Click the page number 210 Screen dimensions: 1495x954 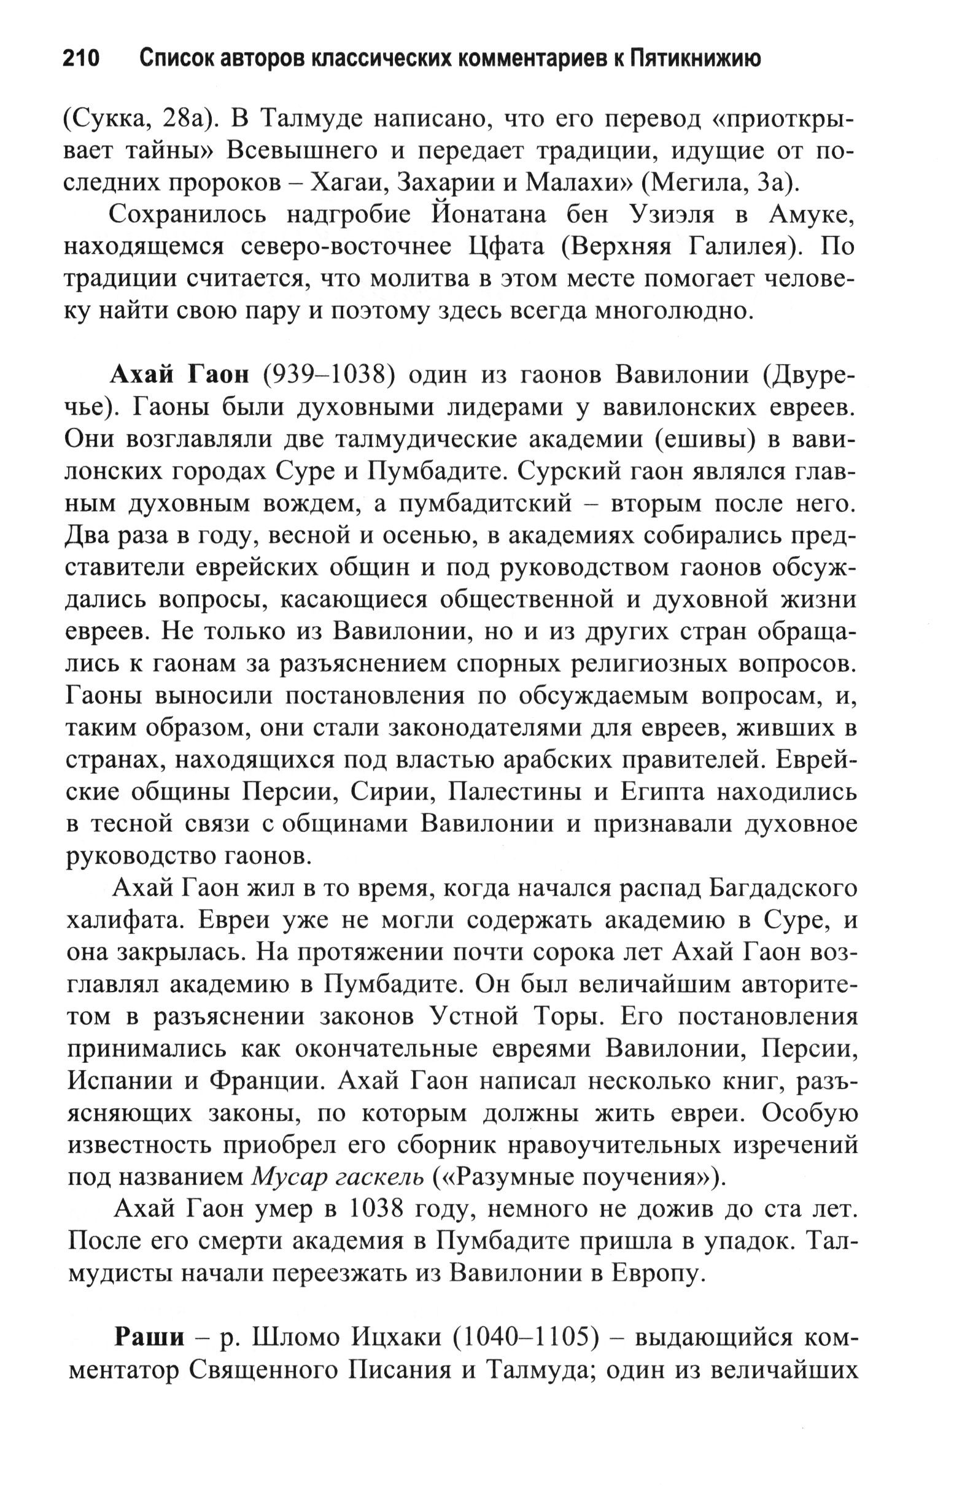click(81, 59)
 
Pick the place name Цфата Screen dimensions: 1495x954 click(505, 246)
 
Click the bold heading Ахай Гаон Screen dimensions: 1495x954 click(179, 375)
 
